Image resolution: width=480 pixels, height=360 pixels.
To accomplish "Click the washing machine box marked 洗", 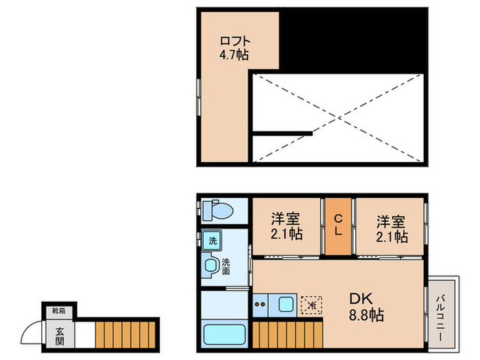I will pos(212,241).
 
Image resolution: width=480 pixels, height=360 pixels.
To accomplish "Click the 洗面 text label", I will pos(226,265).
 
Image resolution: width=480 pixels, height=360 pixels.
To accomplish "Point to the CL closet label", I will pos(338,226).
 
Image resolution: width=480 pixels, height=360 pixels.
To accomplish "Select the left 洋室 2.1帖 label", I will pos(286,227).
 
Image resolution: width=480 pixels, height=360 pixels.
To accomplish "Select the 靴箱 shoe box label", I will pos(60,311).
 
